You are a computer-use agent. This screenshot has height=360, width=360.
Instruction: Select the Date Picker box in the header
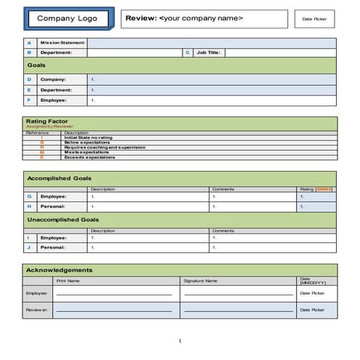click(314, 20)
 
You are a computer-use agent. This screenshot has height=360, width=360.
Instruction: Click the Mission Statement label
click(63, 43)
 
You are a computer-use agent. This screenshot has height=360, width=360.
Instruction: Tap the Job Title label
click(209, 52)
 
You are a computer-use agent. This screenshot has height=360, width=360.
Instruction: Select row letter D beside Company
click(29, 79)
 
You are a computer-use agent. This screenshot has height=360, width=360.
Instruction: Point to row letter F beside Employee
click(29, 100)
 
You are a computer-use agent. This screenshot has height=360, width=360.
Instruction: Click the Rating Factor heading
click(47, 121)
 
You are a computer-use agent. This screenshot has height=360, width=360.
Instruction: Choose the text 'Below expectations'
click(87, 142)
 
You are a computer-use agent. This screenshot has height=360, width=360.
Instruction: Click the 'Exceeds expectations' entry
click(89, 157)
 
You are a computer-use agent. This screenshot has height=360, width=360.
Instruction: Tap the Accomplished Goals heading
click(59, 177)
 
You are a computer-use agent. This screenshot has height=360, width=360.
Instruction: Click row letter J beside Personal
click(29, 247)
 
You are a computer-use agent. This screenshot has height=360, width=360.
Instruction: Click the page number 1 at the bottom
click(180, 341)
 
